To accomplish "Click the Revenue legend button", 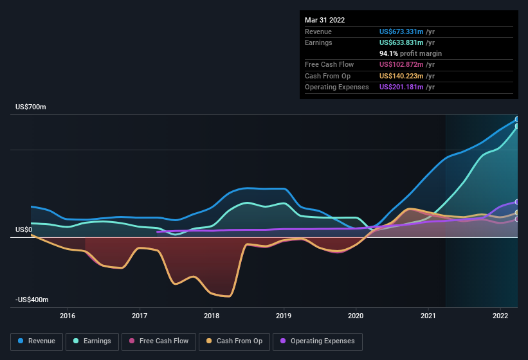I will pos(37,341).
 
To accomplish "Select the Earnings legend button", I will pos(92,341).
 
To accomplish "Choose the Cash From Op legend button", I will pos(235,341).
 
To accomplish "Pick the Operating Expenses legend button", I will pos(317,341).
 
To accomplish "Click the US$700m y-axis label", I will pos(31,107).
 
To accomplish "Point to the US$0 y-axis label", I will pos(24,230).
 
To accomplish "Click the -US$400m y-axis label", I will pos(32,300).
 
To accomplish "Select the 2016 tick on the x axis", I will pos(68,316).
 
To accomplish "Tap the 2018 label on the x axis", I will pos(212,316).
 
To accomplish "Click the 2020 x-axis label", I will pos(356,316).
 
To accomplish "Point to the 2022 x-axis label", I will pos(500,316).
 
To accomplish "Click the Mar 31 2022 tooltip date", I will pos(325,20).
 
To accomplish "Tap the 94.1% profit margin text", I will pos(410,53).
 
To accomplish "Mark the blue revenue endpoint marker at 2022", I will pos(517,120).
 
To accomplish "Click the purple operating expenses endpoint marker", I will pos(517,203).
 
